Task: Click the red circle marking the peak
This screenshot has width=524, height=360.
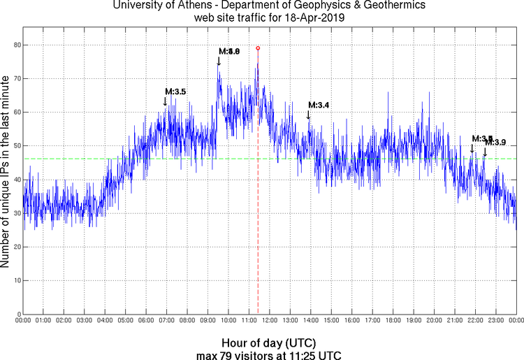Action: (x=258, y=48)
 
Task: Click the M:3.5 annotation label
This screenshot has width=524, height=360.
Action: (x=175, y=92)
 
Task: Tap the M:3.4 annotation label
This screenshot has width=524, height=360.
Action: (x=319, y=105)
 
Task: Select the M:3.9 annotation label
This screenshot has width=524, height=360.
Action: (x=495, y=143)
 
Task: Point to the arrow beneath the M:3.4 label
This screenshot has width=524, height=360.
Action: (x=309, y=115)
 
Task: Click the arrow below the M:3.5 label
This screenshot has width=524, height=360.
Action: (x=166, y=101)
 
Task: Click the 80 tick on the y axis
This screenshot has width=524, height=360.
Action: (x=15, y=45)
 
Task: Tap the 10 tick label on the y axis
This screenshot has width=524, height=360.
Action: (x=15, y=280)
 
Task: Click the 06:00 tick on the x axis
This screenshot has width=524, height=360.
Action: (x=146, y=321)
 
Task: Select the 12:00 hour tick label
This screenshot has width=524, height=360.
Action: (x=270, y=321)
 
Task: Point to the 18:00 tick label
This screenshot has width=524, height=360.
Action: (x=393, y=321)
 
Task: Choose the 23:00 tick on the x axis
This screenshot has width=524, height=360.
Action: (x=495, y=321)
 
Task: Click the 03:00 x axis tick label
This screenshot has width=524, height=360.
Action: (x=84, y=321)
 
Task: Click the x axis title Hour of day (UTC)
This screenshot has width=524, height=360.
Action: (x=269, y=343)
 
